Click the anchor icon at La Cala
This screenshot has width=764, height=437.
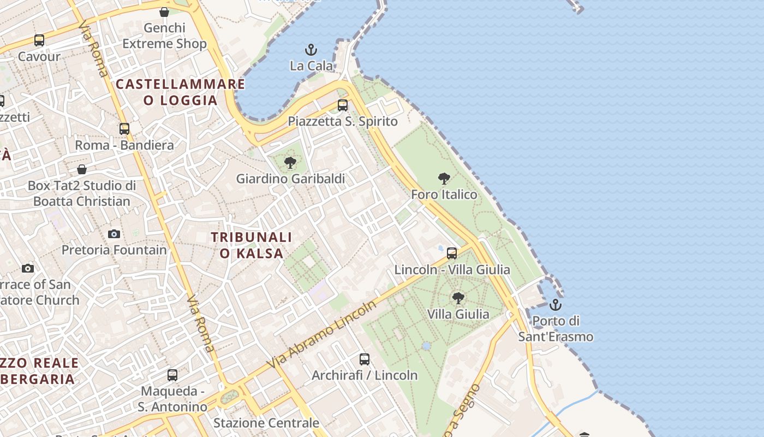coord(311,50)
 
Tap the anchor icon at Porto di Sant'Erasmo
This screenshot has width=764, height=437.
coord(556,305)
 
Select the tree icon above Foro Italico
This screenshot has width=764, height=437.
coord(444,178)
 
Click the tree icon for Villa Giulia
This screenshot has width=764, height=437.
coord(458,298)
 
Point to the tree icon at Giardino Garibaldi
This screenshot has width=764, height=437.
coord(290,162)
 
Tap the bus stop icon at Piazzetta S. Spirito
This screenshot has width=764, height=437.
coord(343,105)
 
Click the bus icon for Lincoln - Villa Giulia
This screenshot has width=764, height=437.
coord(452,253)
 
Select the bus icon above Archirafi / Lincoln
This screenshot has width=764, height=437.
coord(365,359)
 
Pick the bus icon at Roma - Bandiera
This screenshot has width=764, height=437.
coord(124,129)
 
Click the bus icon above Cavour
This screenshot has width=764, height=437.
coord(39,40)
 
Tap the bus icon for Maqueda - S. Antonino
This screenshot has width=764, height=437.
coord(172,375)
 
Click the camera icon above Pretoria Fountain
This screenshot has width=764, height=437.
coord(114,234)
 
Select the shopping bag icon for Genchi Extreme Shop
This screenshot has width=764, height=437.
coord(164,12)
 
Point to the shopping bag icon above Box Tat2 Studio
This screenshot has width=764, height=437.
coord(82,169)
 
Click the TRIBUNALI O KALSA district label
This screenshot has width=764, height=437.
coord(252,245)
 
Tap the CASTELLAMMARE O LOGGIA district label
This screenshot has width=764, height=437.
coord(181,92)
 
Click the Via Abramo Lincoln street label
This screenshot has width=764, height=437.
coord(322,334)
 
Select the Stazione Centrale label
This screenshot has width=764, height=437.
coord(266,423)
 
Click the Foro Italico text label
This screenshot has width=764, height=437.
coord(444,194)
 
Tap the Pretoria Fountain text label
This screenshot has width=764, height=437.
coord(114,250)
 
